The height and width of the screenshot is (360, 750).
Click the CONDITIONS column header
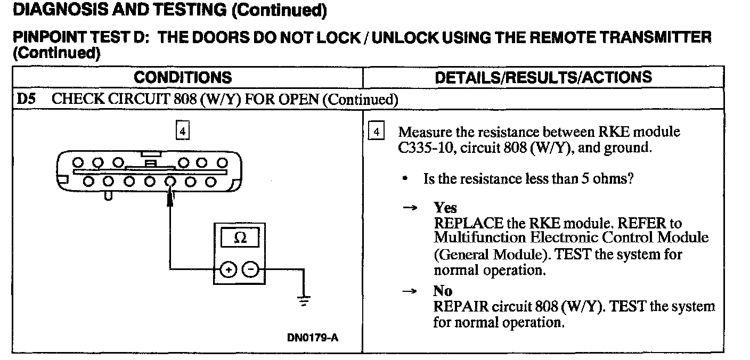click(x=183, y=77)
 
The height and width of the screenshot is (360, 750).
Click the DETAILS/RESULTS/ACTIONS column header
click(x=543, y=77)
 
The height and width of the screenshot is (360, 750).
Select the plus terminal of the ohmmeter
click(x=227, y=271)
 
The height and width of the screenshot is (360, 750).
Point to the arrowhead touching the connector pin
click(x=170, y=199)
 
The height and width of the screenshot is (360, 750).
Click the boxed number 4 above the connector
click(x=182, y=130)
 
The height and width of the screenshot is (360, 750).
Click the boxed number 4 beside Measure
click(x=376, y=131)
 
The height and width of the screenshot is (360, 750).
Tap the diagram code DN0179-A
click(x=313, y=338)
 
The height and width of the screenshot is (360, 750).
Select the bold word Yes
click(x=445, y=208)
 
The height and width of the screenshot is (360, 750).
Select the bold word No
click(x=443, y=291)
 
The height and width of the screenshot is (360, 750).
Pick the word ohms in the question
click(x=614, y=178)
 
